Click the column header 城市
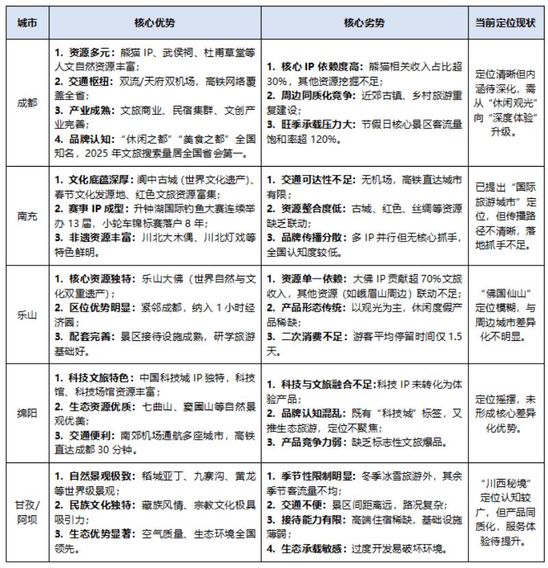pyautogui.click(x=27, y=23)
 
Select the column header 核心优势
pyautogui.click(x=154, y=23)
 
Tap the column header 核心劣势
pyautogui.click(x=364, y=23)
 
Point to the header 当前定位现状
pyautogui.click(x=506, y=23)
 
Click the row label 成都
pyautogui.click(x=27, y=102)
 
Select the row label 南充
pyautogui.click(x=27, y=215)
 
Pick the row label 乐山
pyautogui.click(x=27, y=314)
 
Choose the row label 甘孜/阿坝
pyautogui.click(x=27, y=511)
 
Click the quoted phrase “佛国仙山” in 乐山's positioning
pyautogui.click(x=506, y=293)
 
